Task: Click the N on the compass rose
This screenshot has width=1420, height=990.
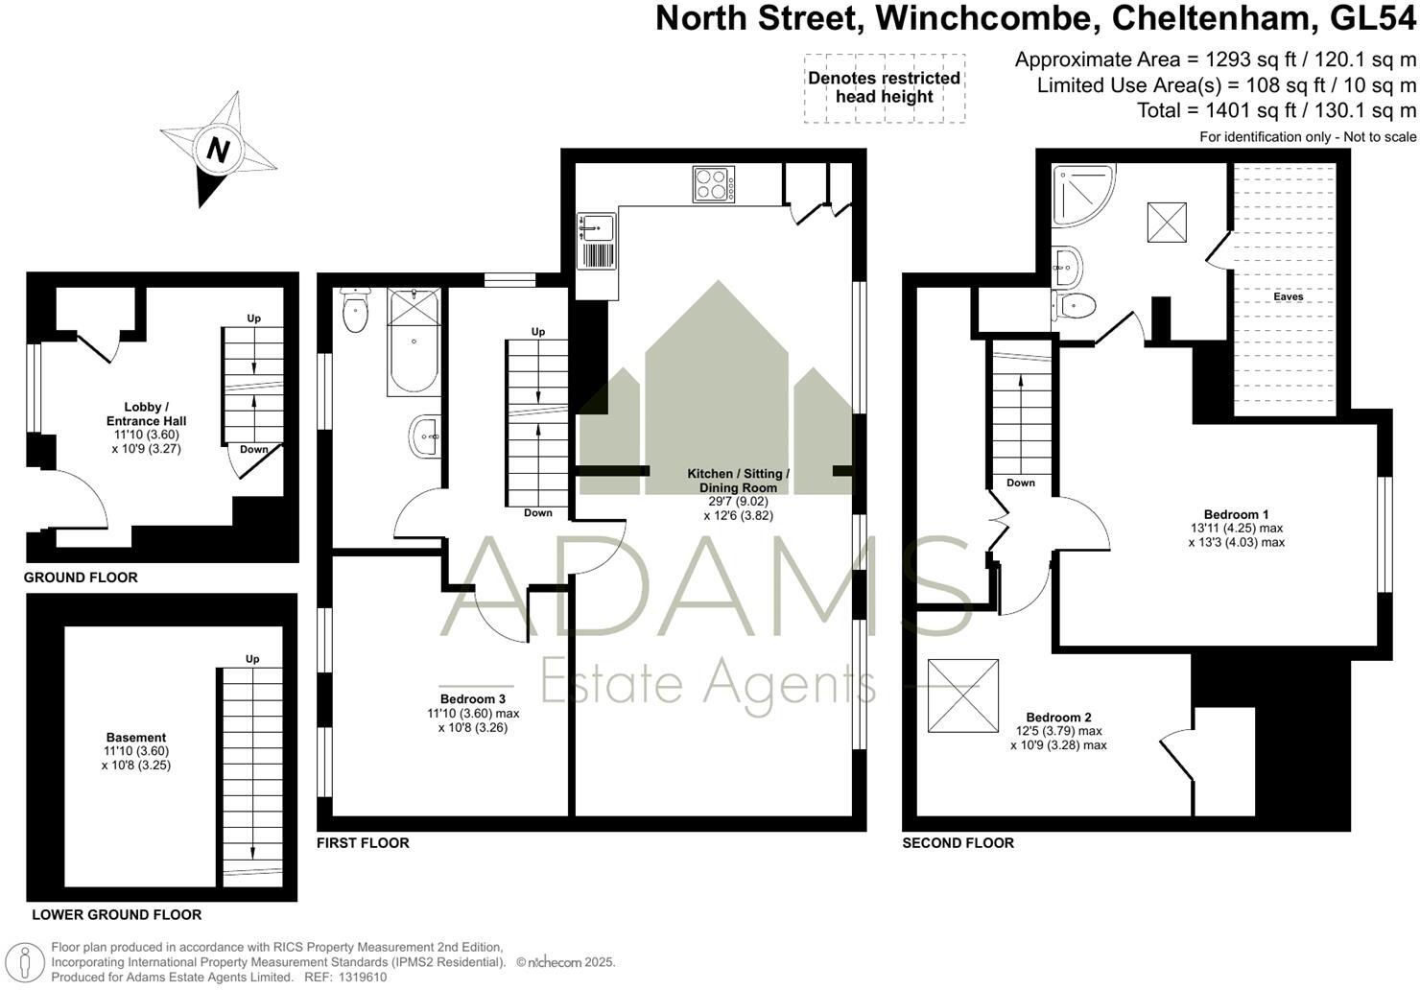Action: (219, 151)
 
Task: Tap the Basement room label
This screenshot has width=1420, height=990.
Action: (135, 738)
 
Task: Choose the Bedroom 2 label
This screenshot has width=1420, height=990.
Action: (1058, 718)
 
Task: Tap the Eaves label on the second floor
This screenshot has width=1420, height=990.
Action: (1288, 296)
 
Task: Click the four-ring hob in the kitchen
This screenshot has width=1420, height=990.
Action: (713, 184)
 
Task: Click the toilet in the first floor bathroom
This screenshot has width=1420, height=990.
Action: (355, 309)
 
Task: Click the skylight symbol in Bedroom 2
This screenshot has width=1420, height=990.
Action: (963, 695)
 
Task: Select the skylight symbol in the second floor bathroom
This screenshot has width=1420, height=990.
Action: (1167, 223)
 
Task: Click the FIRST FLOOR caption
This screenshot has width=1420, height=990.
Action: (363, 843)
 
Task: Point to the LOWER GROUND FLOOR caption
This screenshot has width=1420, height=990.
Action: (117, 915)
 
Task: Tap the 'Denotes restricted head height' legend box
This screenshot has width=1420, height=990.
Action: (884, 88)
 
